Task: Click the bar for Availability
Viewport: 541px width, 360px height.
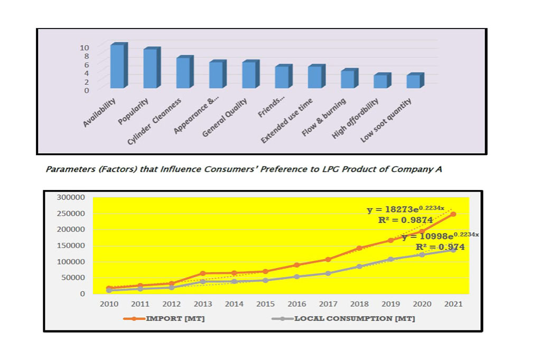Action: tap(117, 66)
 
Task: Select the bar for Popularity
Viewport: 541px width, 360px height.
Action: tap(150, 68)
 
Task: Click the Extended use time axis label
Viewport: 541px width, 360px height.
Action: tap(287, 121)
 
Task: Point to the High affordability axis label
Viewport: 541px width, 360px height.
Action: tap(356, 119)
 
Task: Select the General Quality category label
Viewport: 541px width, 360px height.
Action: tap(225, 118)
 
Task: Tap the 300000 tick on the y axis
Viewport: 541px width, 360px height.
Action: tap(70, 197)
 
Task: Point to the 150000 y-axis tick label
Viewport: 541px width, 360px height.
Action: tap(70, 245)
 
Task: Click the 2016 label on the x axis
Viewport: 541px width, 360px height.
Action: tap(297, 304)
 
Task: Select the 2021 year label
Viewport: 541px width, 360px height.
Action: tap(453, 304)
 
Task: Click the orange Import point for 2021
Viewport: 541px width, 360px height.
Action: tap(453, 214)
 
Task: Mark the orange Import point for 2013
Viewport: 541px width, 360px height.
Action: tap(203, 273)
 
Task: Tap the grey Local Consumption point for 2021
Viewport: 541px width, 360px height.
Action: tap(453, 250)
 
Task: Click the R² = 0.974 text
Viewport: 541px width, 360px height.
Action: tap(440, 247)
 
